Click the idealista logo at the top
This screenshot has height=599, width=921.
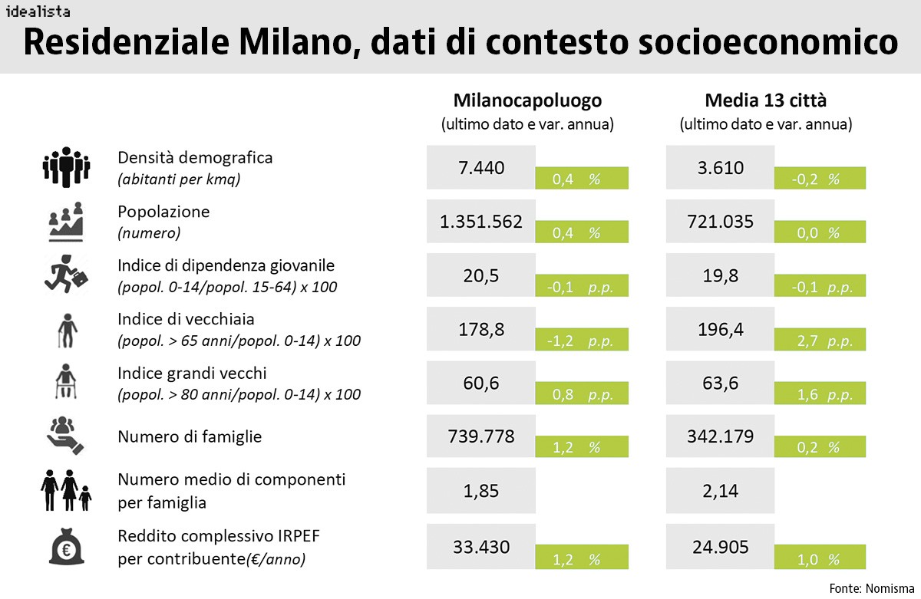(x=38, y=12)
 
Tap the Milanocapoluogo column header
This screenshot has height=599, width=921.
(x=527, y=100)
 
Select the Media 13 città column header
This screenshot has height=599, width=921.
(x=765, y=100)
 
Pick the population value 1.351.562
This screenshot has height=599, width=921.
(x=481, y=222)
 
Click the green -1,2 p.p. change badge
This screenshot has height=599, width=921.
(x=582, y=341)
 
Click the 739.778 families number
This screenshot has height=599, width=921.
(x=481, y=436)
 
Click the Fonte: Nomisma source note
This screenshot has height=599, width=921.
(x=869, y=588)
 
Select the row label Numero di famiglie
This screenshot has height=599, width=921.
(x=190, y=436)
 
